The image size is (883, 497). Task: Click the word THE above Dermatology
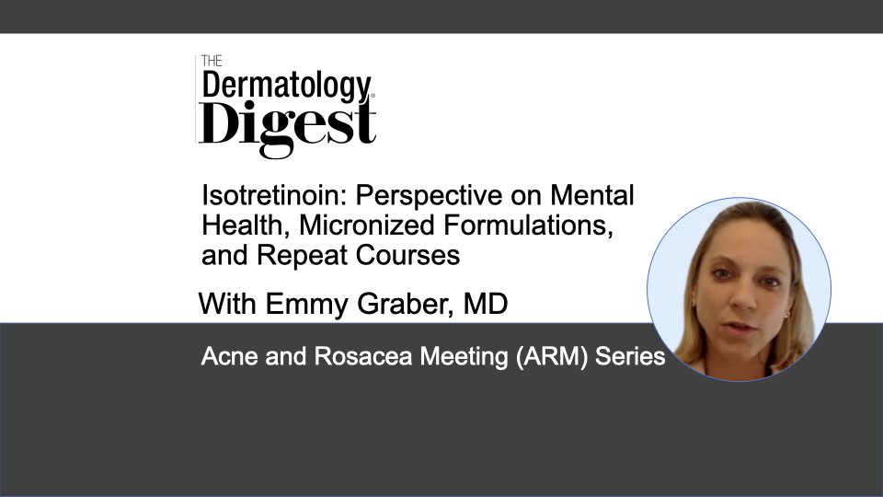(x=212, y=61)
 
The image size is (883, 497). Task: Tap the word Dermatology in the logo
(x=287, y=87)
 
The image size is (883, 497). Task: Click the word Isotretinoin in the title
(x=274, y=195)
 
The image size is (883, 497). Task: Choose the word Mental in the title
(x=591, y=195)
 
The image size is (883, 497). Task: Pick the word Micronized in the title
(x=367, y=225)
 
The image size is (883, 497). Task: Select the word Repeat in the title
(x=302, y=256)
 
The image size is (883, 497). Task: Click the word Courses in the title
(x=407, y=255)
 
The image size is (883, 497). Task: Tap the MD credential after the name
(x=486, y=304)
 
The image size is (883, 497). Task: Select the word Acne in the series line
(x=229, y=356)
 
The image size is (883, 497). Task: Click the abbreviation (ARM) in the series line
(x=552, y=357)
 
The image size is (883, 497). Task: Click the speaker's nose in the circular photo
(x=744, y=297)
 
